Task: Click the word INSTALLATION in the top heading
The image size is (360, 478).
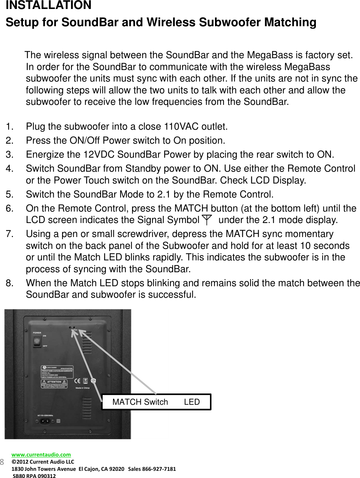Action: point(48,5)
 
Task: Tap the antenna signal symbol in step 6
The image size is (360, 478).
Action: point(207,219)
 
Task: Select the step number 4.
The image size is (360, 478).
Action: point(10,168)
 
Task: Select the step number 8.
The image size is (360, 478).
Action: point(10,283)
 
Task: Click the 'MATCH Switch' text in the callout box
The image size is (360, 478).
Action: point(140,402)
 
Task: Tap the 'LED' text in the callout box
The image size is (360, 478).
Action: point(192,402)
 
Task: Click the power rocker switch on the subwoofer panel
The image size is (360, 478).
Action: point(37,341)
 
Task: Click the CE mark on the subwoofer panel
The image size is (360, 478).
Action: point(77,381)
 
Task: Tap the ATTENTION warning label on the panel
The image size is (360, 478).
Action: point(54,384)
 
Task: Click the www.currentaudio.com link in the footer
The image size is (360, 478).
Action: point(41,454)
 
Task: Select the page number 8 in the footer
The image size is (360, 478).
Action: point(2,462)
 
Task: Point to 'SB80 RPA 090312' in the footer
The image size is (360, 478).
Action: point(34,476)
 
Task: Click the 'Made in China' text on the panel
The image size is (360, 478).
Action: point(83,388)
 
